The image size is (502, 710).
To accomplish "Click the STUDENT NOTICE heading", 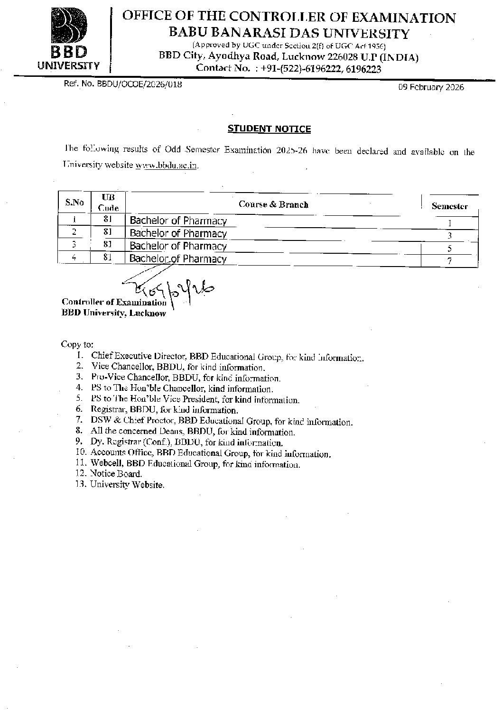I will (269, 129).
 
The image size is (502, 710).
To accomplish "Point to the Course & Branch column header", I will (273, 204).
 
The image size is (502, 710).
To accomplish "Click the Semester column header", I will (449, 206).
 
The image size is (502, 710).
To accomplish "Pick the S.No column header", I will (74, 203).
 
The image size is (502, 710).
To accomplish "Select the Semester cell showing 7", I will (449, 260).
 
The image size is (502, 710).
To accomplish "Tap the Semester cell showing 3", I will (449, 235).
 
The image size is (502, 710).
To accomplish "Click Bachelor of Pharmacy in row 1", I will (178, 221).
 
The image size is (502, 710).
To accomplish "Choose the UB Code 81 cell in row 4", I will (107, 257).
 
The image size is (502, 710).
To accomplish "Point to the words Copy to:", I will (77, 344).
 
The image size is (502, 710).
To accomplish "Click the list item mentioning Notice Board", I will (116, 473).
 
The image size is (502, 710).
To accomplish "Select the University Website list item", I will (127, 484).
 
